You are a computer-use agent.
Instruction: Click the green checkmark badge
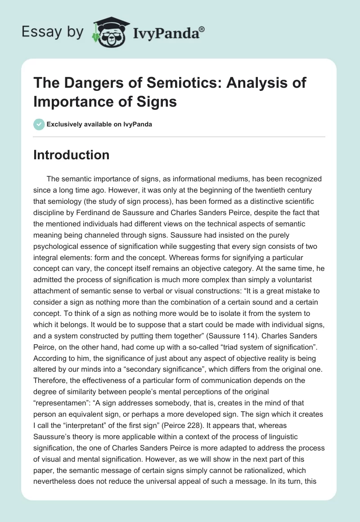coord(39,124)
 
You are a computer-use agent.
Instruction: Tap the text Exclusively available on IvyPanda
coord(99,124)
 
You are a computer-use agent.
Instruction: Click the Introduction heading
coord(72,155)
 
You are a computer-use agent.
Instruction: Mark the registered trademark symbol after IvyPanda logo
coord(202,28)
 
